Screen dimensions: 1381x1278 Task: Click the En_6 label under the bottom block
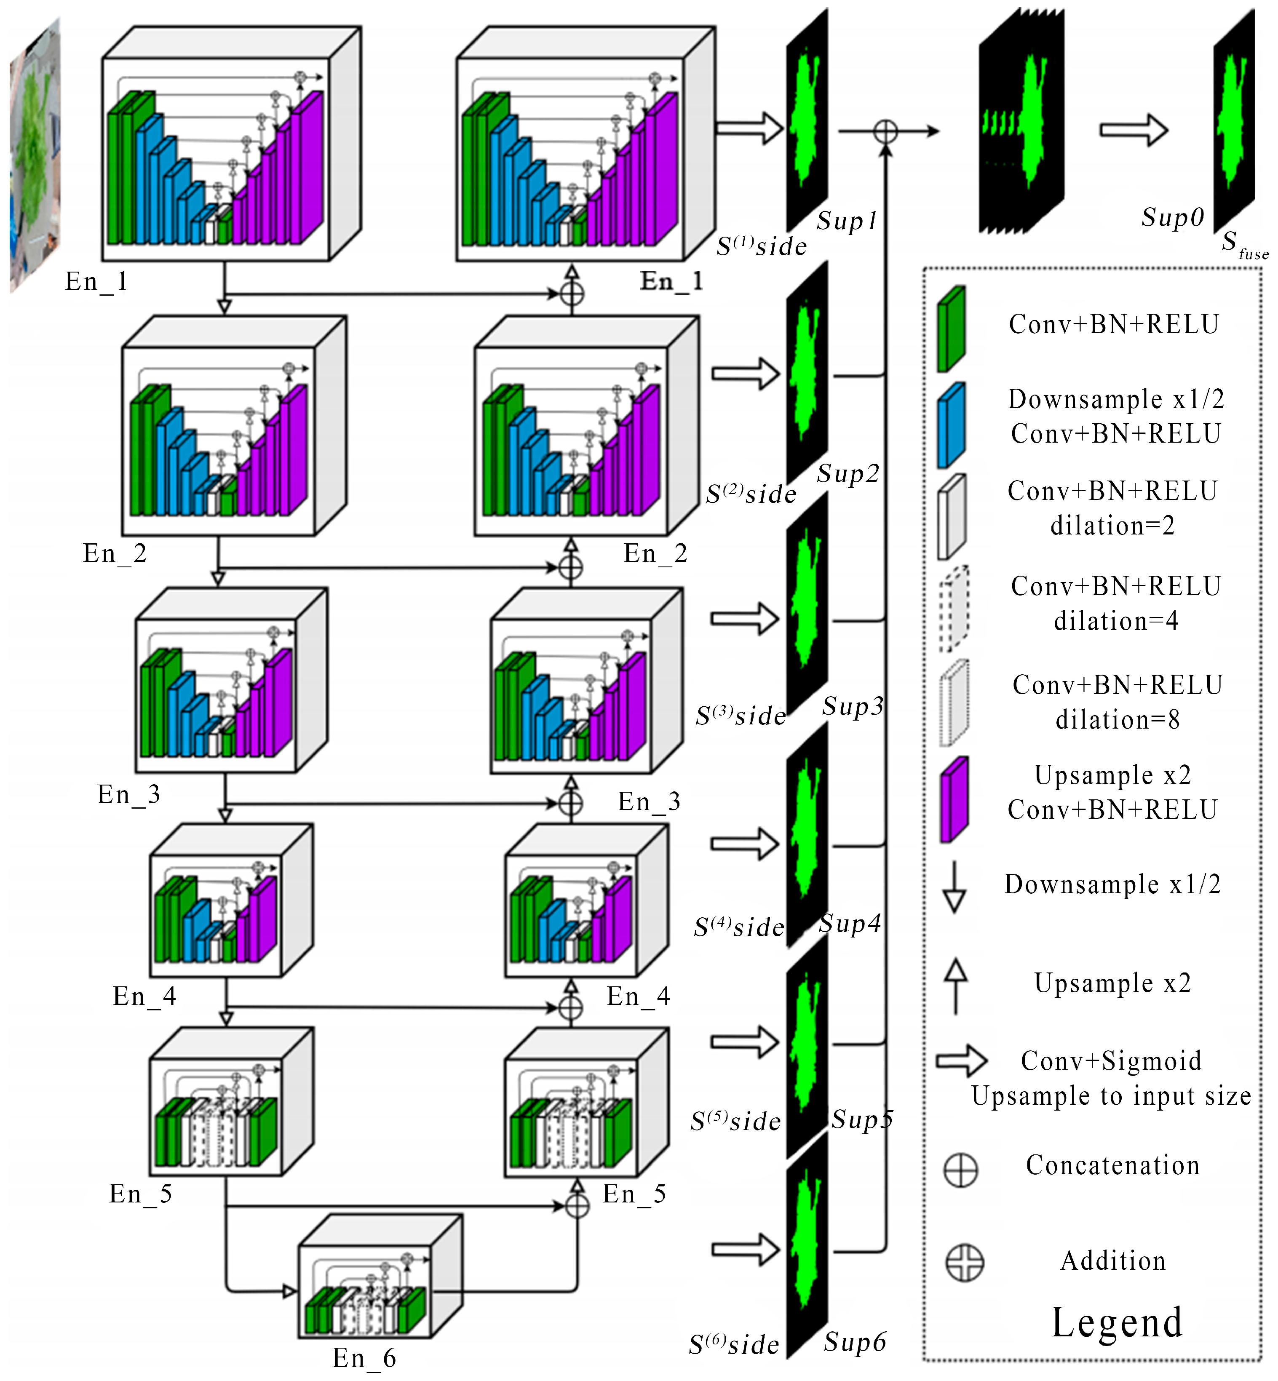(x=364, y=1357)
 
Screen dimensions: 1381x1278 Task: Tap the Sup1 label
(x=847, y=221)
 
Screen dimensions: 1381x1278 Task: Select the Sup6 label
(x=855, y=1341)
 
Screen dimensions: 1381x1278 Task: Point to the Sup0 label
(x=1173, y=217)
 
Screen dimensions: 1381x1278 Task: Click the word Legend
(x=1116, y=1322)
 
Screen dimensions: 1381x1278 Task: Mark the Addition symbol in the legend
(x=964, y=1263)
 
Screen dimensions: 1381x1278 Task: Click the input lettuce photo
(x=35, y=155)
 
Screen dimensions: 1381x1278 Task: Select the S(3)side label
(x=741, y=716)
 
